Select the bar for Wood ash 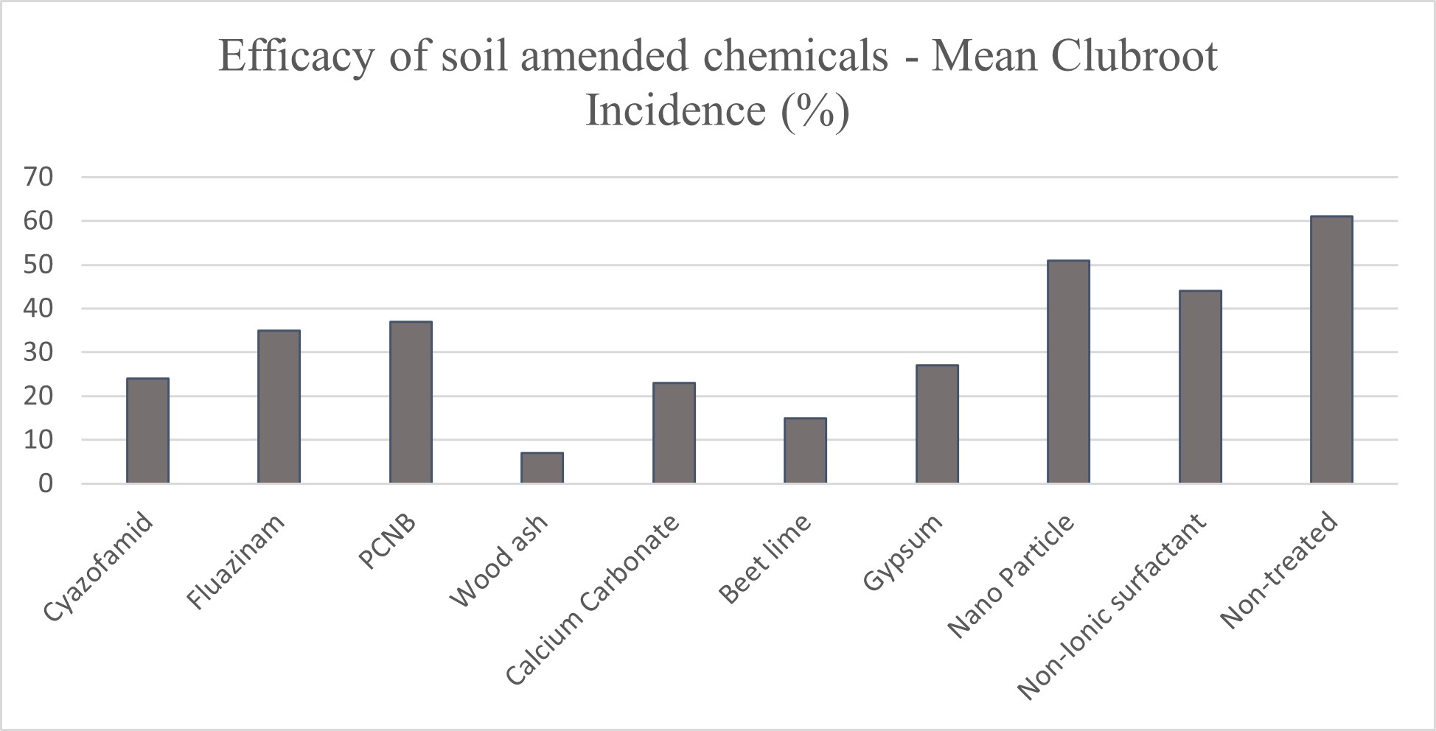coord(542,468)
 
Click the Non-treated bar coord(1331,350)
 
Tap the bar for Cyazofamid coord(147,431)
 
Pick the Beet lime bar coord(805,450)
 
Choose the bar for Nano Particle coord(1068,372)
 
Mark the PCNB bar coord(411,402)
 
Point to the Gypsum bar coord(937,424)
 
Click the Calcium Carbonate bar coord(674,433)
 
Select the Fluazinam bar coord(279,407)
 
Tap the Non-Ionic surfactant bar coord(1200,387)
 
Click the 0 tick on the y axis coord(46,484)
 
